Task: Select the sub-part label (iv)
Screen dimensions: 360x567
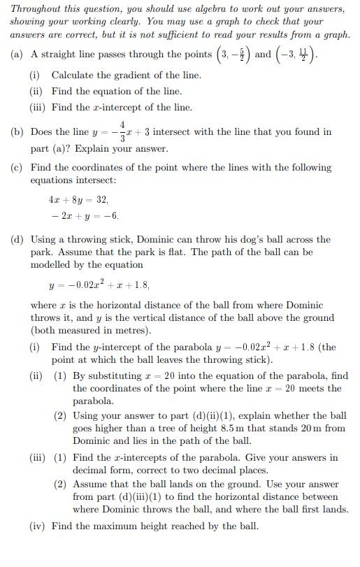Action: point(38,526)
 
